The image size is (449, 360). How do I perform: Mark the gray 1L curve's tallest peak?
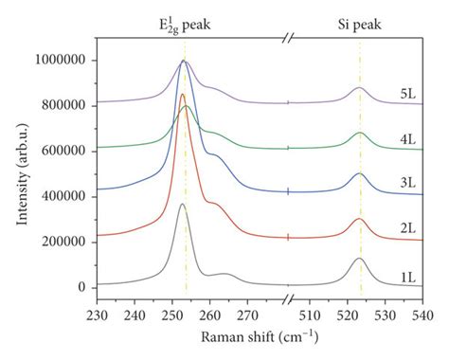coord(182,204)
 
